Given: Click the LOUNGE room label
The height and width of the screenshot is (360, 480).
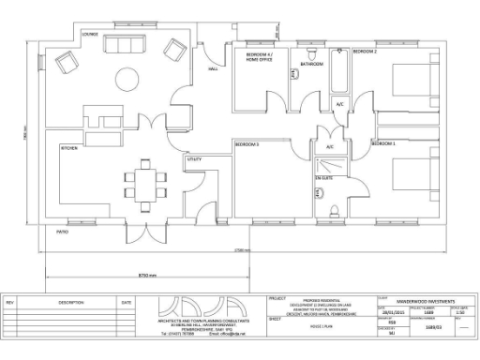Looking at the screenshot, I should (90, 35).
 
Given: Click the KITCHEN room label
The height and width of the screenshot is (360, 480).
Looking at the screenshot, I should (69, 148).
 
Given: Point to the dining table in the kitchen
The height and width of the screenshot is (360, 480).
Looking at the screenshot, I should (144, 179).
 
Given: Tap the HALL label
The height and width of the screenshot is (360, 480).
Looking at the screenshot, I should (213, 69).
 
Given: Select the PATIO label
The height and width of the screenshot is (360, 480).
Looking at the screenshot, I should (62, 230).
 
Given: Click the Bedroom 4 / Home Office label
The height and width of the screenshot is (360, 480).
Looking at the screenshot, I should (260, 58).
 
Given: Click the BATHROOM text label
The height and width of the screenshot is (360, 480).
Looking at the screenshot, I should (312, 64).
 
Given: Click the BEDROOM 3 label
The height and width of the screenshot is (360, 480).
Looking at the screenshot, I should (247, 144).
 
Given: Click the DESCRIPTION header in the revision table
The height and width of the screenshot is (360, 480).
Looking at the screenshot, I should (71, 303).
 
